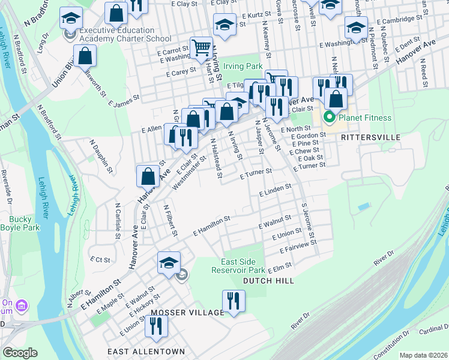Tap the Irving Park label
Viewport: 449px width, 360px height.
click(x=243, y=65)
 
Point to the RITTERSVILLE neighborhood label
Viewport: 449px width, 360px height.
click(x=370, y=137)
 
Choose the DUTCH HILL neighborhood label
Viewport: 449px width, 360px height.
click(x=268, y=281)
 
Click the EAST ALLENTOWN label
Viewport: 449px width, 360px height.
click(x=137, y=351)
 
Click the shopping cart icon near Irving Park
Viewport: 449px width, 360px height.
click(x=201, y=46)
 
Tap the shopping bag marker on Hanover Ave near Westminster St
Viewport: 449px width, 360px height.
click(x=148, y=176)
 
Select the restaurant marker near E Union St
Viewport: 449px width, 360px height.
click(x=155, y=326)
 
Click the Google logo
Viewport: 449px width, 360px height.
click(x=20, y=353)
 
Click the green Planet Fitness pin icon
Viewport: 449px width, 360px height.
click(x=329, y=117)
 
